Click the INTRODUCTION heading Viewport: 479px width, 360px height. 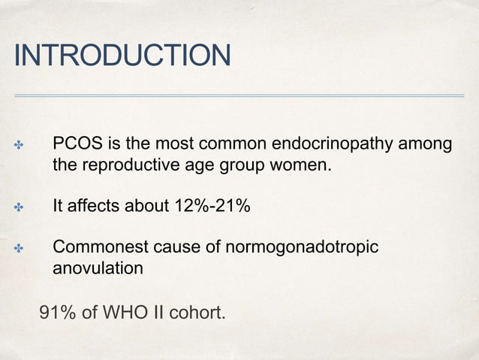(x=122, y=55)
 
